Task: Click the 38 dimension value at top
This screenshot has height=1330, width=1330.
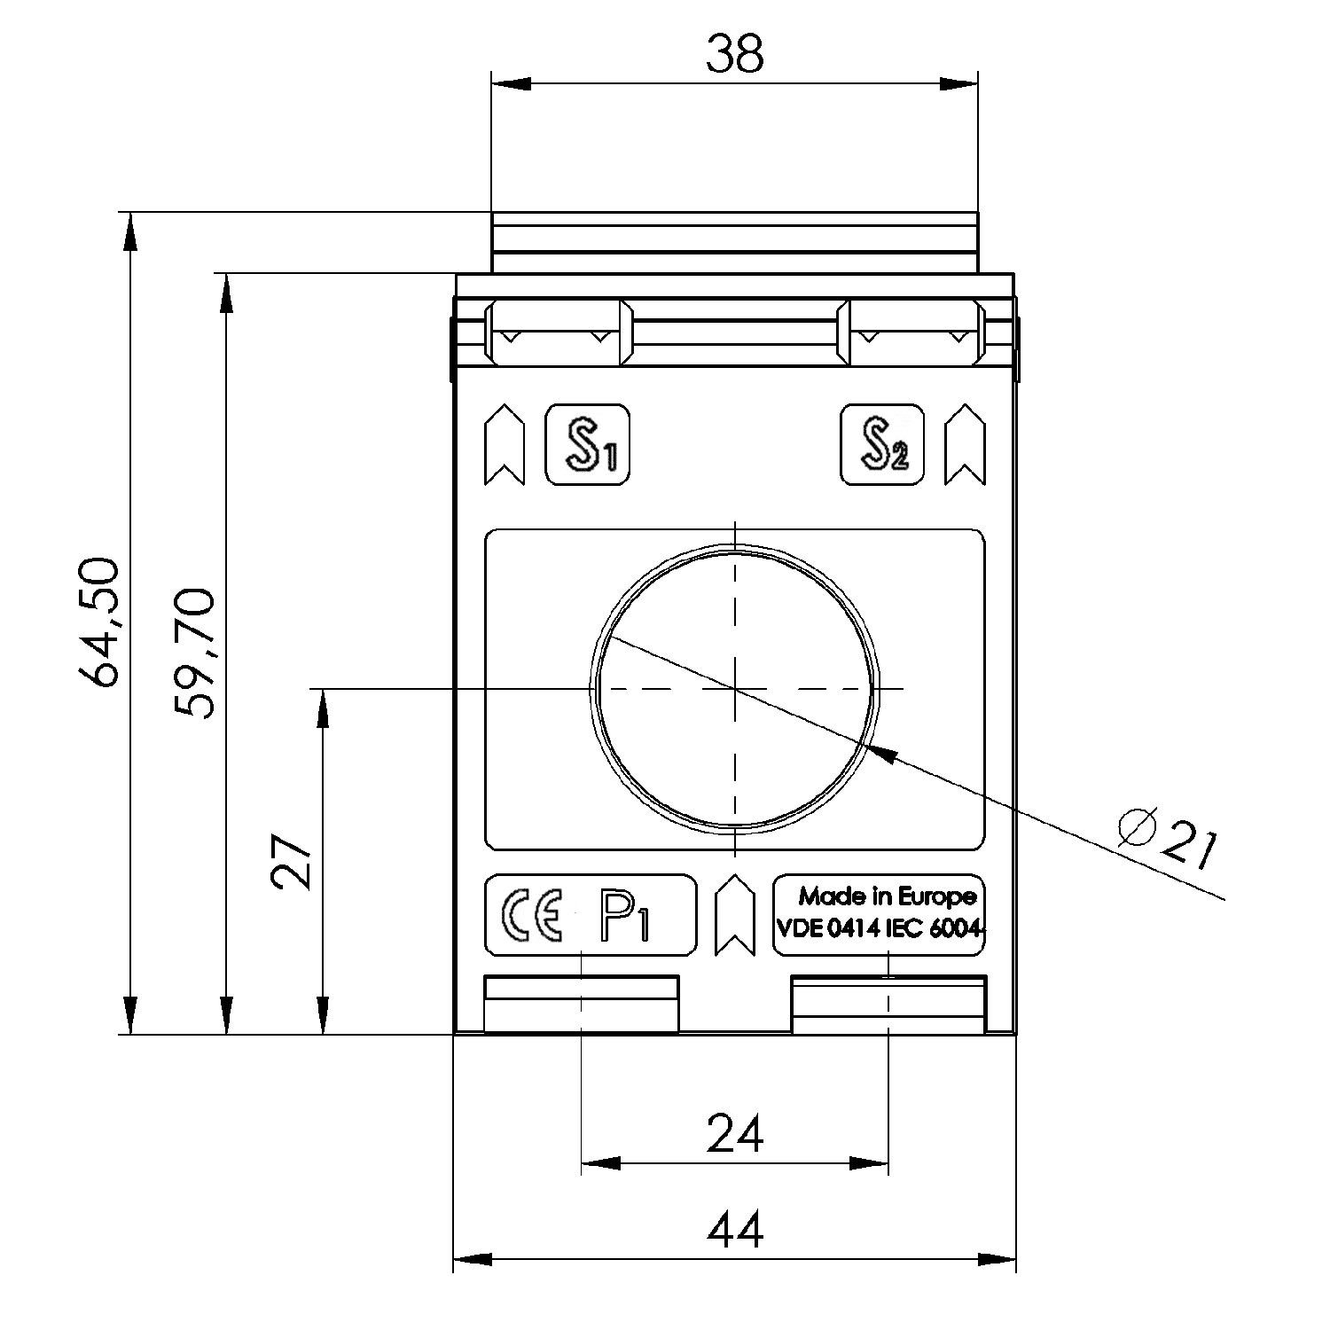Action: [734, 55]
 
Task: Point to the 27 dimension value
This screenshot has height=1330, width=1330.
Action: [292, 860]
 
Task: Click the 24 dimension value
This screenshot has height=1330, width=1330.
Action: [735, 1134]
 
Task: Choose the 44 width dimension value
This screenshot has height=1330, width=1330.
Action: [735, 1231]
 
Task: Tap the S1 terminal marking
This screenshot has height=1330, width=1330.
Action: [587, 445]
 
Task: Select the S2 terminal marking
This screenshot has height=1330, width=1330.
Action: [882, 445]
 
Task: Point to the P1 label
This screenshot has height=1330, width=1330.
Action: [624, 916]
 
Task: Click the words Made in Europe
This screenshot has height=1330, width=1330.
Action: [887, 896]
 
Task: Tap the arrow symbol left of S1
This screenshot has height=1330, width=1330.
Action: [505, 445]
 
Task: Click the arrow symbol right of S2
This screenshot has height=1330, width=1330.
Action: [965, 445]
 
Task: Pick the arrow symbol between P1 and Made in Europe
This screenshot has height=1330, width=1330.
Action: [734, 915]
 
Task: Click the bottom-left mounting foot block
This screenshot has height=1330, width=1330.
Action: [581, 1005]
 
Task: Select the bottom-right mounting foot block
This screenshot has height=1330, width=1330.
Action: [888, 1005]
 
